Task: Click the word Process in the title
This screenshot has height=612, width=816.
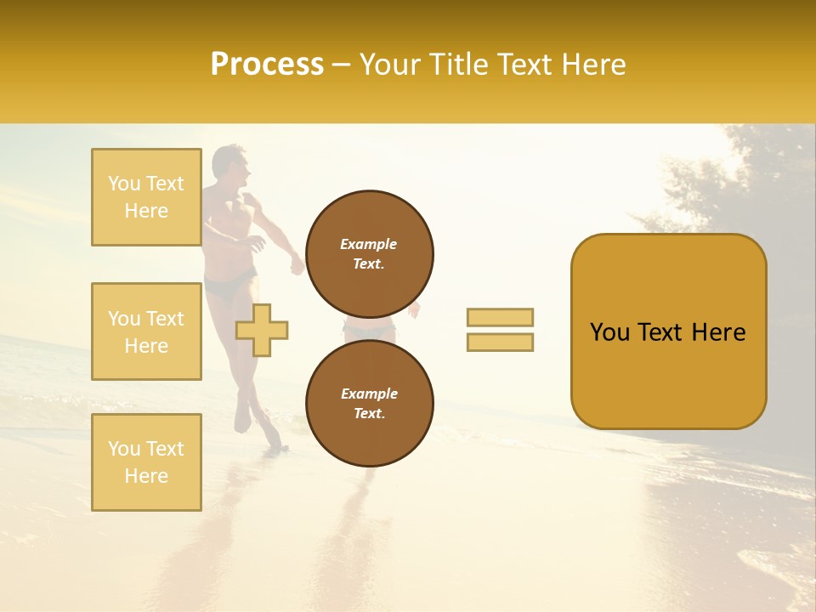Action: [267, 65]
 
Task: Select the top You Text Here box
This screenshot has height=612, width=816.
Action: [146, 197]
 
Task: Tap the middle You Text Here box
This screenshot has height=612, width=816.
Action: [146, 331]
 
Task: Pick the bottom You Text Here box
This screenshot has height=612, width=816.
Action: [146, 462]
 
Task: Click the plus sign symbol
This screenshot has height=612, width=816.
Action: [262, 330]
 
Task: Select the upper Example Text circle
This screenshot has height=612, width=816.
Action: [369, 254]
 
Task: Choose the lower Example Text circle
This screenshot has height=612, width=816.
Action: [369, 404]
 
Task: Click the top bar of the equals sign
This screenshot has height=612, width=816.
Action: [500, 317]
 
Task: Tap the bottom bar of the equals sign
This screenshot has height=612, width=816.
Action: [500, 342]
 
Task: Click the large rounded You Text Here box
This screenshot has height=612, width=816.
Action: [668, 331]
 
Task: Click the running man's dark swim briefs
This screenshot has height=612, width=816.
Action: [228, 284]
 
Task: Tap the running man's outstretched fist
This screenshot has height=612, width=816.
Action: [297, 266]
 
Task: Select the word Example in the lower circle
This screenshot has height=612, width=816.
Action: [369, 394]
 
